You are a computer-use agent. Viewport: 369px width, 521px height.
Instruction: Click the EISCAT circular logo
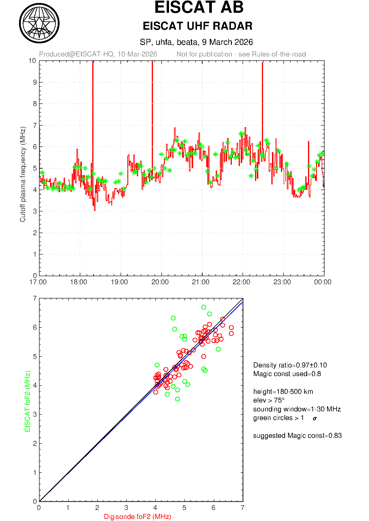tap(39, 23)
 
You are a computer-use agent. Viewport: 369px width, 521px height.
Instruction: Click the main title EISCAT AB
tap(199, 7)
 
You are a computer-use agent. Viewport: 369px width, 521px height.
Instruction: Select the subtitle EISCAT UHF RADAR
tap(198, 26)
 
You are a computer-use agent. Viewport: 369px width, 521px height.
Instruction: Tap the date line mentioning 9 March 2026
tap(196, 42)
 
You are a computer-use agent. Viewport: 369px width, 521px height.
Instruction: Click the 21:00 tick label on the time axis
tap(201, 282)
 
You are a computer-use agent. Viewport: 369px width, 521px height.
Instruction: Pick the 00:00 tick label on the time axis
tap(323, 282)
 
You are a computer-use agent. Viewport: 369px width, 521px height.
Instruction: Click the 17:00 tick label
tap(38, 282)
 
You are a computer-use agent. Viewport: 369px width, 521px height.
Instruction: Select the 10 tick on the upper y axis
tap(32, 61)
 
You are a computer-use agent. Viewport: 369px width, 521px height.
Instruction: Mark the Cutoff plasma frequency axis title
tap(23, 174)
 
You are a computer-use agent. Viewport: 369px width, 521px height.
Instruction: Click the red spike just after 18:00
tap(93, 89)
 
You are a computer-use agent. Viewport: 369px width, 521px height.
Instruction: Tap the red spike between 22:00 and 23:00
tap(262, 89)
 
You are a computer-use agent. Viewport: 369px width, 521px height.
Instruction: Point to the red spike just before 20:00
tap(152, 89)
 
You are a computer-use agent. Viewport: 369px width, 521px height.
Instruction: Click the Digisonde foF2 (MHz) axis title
tap(137, 517)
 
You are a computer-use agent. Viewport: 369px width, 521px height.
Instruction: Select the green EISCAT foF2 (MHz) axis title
tap(28, 401)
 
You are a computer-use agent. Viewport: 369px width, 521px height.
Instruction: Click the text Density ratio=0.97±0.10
tap(290, 365)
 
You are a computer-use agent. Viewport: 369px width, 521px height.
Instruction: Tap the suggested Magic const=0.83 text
tap(297, 436)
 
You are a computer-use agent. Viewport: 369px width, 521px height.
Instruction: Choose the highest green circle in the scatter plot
tap(204, 307)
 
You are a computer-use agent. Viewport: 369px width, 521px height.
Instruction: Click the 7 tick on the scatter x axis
tap(243, 508)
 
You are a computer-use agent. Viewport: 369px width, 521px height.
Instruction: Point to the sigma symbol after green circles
tap(315, 419)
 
